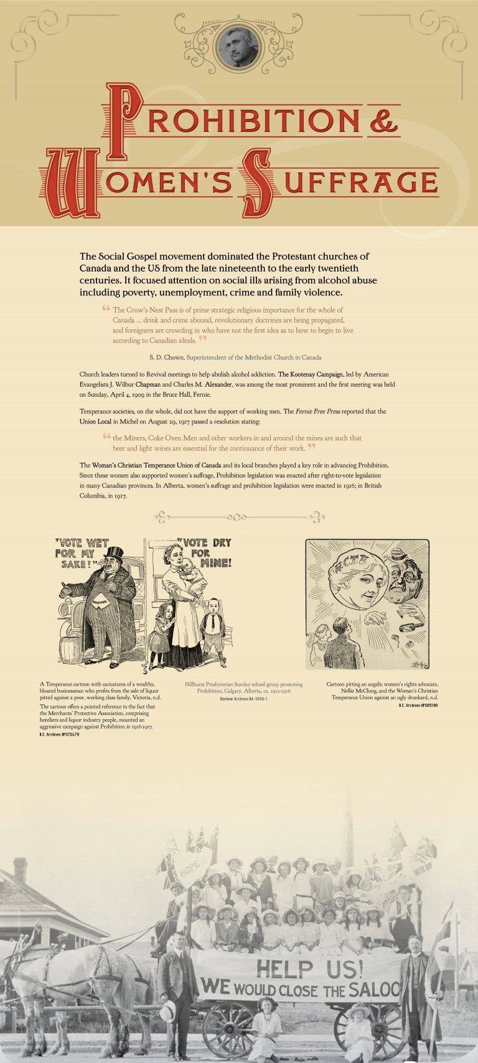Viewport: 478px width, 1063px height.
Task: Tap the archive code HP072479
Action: coord(62,735)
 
